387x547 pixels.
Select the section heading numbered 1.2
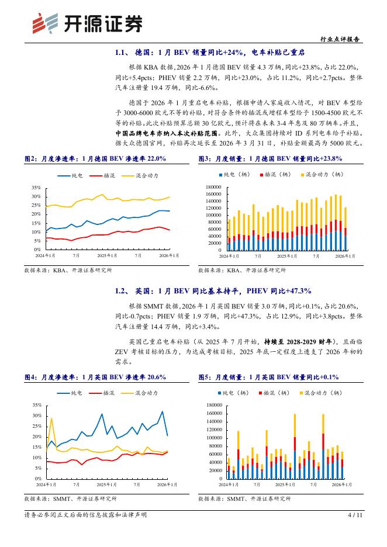click(x=213, y=290)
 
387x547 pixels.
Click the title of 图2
click(x=95, y=158)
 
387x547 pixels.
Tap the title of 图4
click(x=95, y=377)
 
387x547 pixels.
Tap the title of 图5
click(x=268, y=377)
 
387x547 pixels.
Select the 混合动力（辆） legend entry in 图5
click(x=323, y=393)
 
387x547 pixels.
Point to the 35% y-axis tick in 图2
click(x=36, y=188)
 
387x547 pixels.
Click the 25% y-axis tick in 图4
click(x=36, y=426)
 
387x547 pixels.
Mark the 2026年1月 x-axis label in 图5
click(x=342, y=484)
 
